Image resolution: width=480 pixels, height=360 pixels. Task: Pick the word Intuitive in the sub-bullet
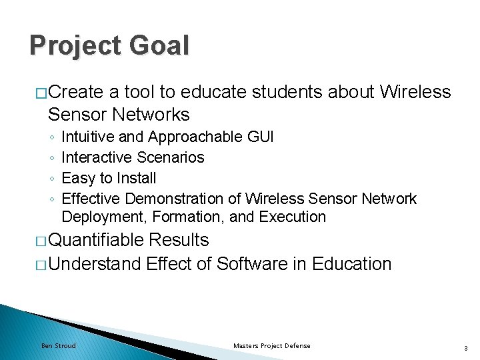[87, 137]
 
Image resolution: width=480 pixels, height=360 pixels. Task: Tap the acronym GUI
[259, 137]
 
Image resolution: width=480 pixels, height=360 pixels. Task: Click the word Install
[135, 178]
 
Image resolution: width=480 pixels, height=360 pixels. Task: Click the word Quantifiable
[95, 240]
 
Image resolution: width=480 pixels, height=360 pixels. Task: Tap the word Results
[179, 240]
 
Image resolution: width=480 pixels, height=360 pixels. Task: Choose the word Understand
[95, 264]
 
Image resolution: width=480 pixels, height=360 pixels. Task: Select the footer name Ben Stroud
[59, 345]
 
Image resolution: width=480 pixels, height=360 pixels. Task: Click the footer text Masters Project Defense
[271, 345]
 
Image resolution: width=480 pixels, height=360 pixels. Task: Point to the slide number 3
[465, 346]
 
